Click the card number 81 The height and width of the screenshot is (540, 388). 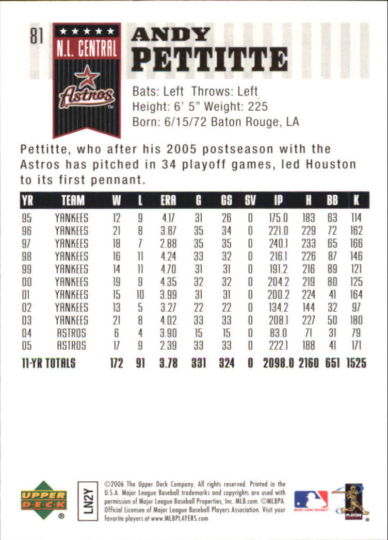tap(36, 37)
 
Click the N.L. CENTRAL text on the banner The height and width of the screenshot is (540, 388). tap(87, 49)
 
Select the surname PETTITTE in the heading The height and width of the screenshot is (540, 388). tap(209, 59)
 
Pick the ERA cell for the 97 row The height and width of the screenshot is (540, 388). tap(168, 243)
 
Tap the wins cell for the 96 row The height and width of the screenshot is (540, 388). tap(117, 230)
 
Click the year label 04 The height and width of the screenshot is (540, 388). tap(27, 333)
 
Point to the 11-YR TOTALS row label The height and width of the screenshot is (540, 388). tap(48, 363)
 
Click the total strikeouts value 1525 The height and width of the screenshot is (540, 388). tap(353, 363)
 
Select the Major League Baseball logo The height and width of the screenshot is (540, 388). tap(311, 500)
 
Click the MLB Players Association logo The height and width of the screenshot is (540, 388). tap(349, 500)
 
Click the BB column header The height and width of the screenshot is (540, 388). tap(332, 200)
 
